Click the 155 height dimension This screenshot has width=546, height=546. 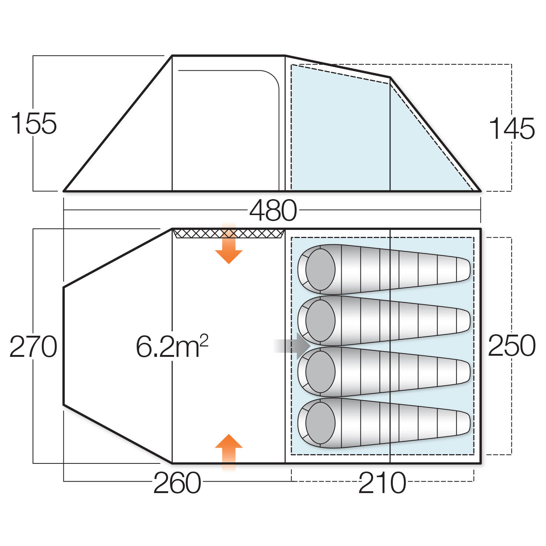[34, 123]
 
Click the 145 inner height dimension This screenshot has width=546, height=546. [512, 128]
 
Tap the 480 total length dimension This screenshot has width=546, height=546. [273, 210]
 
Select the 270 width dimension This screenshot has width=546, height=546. [33, 346]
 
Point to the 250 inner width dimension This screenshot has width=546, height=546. [512, 346]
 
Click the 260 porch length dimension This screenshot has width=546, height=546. [177, 483]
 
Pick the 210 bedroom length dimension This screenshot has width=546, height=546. [382, 483]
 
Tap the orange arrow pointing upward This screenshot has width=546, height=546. [229, 452]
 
